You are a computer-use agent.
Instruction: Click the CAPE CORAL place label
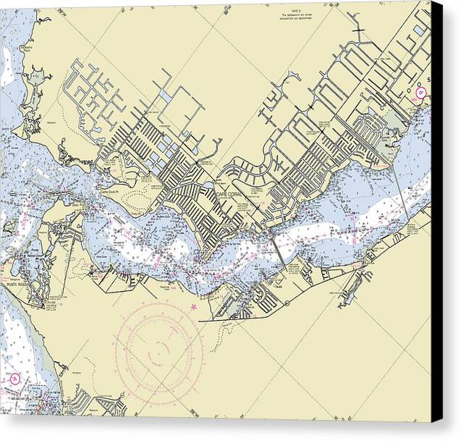(231, 194)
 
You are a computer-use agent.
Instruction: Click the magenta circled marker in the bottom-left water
(14, 379)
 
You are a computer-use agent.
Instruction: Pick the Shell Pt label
(75, 205)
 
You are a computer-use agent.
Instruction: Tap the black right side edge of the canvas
(436, 217)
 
